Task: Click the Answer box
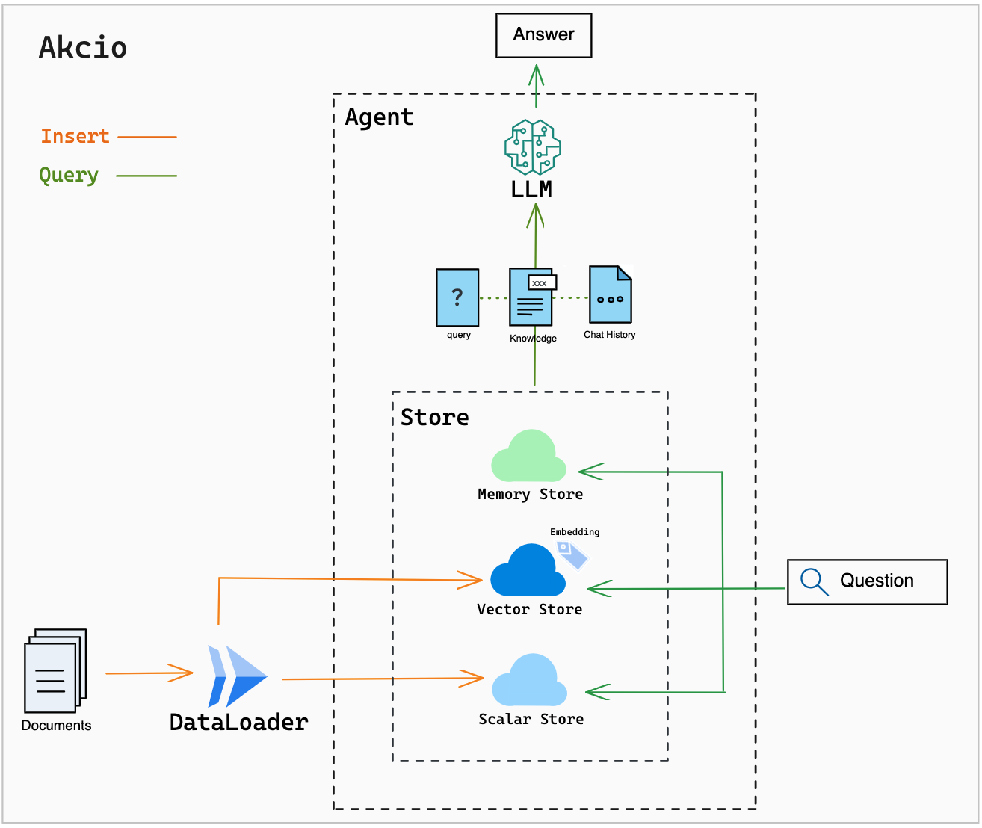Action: tap(543, 35)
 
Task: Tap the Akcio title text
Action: tap(83, 48)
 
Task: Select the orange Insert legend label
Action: tap(75, 136)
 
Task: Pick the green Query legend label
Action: tap(69, 176)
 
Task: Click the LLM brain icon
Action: tap(532, 147)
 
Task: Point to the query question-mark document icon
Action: tap(457, 297)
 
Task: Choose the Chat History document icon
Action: tap(611, 294)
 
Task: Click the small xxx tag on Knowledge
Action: tap(543, 282)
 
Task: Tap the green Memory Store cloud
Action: tap(528, 456)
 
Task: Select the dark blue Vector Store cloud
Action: tap(528, 570)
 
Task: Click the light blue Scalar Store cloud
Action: tap(529, 680)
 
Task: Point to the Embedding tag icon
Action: tap(572, 555)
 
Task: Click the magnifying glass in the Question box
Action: tap(814, 581)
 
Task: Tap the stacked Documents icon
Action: tap(55, 671)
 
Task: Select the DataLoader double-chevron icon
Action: tap(238, 676)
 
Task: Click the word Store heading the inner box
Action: tap(434, 418)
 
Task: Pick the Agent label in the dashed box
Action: tap(379, 117)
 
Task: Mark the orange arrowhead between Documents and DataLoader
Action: tap(181, 673)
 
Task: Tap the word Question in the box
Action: tap(877, 581)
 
